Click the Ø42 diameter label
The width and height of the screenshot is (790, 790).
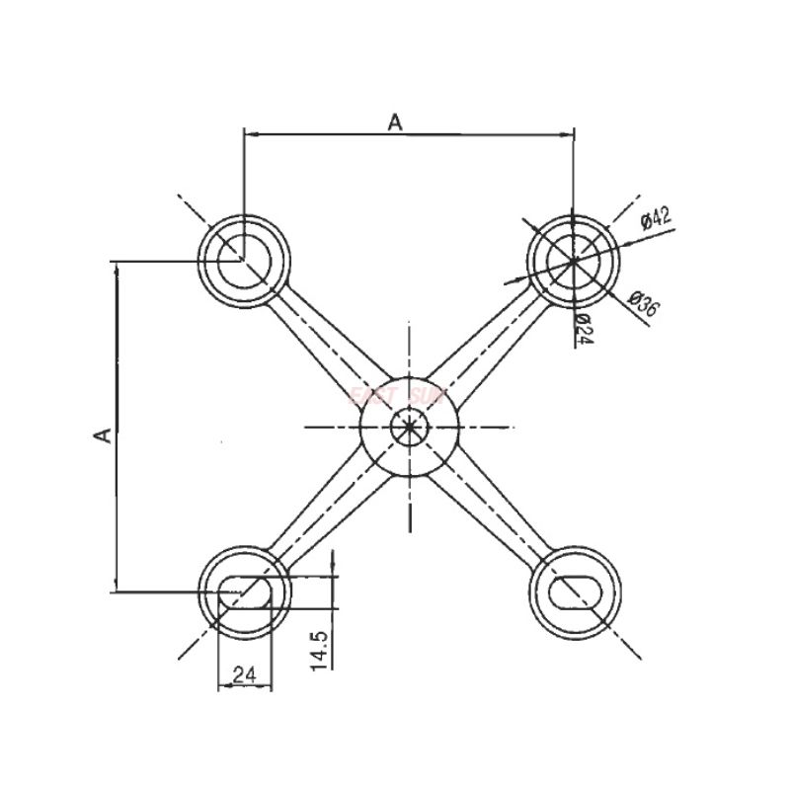655,216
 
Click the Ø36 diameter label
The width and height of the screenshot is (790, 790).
643,304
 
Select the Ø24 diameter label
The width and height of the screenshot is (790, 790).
582,329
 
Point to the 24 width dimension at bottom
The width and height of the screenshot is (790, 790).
244,674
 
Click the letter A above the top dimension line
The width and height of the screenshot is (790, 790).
395,121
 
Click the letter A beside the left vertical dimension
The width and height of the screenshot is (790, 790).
100,434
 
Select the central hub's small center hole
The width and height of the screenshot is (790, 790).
408,427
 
